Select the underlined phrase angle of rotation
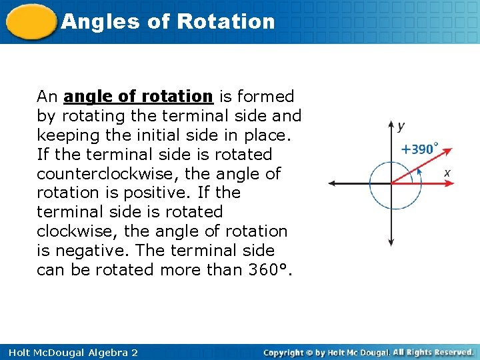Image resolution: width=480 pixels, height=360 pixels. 138,97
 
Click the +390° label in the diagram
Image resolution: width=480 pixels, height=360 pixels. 419,149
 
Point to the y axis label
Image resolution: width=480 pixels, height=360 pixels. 401,125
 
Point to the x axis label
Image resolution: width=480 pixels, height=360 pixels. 447,173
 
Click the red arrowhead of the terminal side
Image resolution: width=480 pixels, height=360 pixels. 448,150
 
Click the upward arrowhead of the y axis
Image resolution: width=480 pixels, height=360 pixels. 391,124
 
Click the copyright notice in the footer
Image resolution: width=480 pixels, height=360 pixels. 368,352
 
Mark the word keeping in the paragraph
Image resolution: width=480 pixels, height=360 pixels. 69,135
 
